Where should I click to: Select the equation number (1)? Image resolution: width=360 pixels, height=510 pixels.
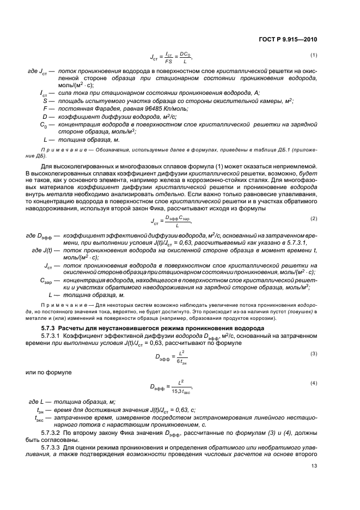[x=314, y=55]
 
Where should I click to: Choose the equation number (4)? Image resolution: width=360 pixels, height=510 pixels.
[x=314, y=384]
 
